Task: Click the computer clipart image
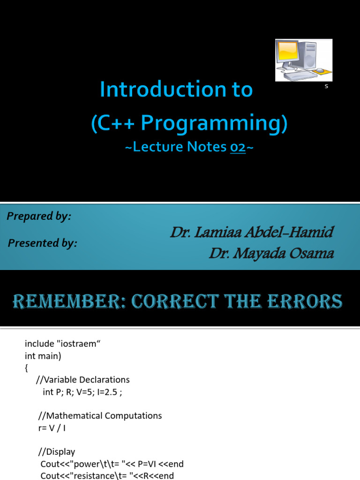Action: point(303,60)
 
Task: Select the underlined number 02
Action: point(238,147)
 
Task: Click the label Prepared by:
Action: point(39,216)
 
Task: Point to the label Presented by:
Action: point(42,243)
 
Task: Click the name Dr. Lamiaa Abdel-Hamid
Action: point(252,232)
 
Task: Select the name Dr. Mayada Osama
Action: point(271,254)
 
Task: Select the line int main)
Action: point(43,356)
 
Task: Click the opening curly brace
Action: point(26,367)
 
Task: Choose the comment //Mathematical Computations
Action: point(100,415)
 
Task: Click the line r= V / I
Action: point(54,427)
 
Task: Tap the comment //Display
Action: point(57,452)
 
